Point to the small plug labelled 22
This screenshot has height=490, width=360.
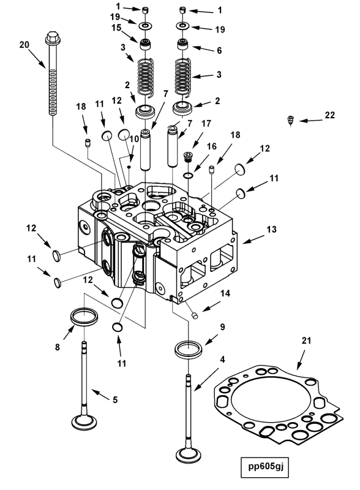291,119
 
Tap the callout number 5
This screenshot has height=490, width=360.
114,400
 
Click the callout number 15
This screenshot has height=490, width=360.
116,28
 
